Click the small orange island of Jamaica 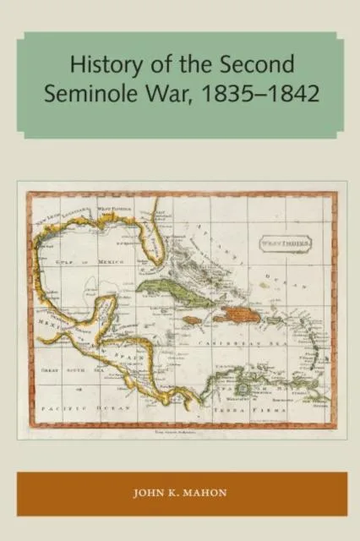191,320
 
